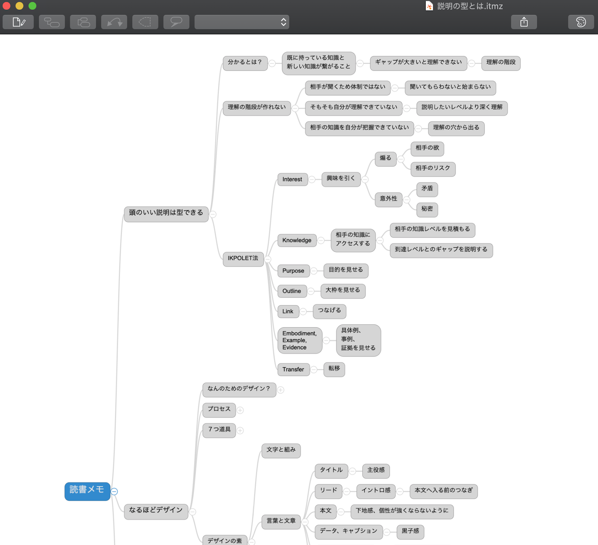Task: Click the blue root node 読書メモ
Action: coord(87,491)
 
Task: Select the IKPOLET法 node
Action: coord(243,258)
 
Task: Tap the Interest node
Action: coord(292,179)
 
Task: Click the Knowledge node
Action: coord(297,240)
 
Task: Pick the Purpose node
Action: coord(293,271)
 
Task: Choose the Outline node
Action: coord(292,291)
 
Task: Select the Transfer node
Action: coord(293,369)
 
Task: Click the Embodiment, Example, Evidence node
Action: coord(299,340)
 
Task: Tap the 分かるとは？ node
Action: coord(245,62)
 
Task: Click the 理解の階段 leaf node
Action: coord(501,62)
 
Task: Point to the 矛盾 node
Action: coord(427,189)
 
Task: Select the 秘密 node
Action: coord(427,209)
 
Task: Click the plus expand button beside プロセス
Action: coord(240,410)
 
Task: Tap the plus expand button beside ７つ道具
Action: coord(240,431)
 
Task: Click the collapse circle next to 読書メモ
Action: coord(114,492)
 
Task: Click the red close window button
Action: coord(6,6)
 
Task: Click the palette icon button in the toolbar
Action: coord(581,22)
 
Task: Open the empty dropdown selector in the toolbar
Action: coord(241,22)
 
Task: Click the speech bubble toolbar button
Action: coord(176,22)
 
